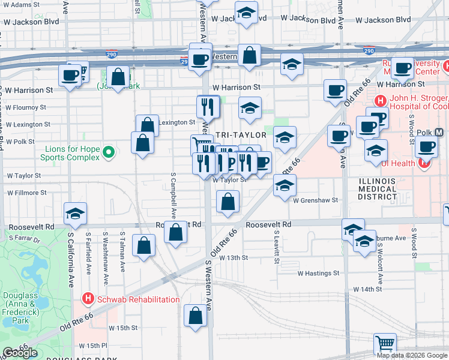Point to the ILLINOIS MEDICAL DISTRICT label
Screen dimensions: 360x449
pyautogui.click(x=378, y=189)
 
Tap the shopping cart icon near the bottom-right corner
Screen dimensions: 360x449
pyautogui.click(x=385, y=344)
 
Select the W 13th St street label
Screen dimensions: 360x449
pyautogui.click(x=234, y=257)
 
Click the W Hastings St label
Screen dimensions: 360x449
pyautogui.click(x=319, y=273)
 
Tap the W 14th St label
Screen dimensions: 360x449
pyautogui.click(x=367, y=289)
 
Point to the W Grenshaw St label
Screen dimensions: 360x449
pyautogui.click(x=316, y=200)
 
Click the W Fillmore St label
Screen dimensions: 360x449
pyautogui.click(x=26, y=193)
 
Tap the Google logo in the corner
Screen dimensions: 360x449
pyautogui.click(x=19, y=353)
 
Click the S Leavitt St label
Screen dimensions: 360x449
pyautogui.click(x=277, y=246)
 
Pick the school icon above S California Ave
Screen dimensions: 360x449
pyautogui.click(x=76, y=214)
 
